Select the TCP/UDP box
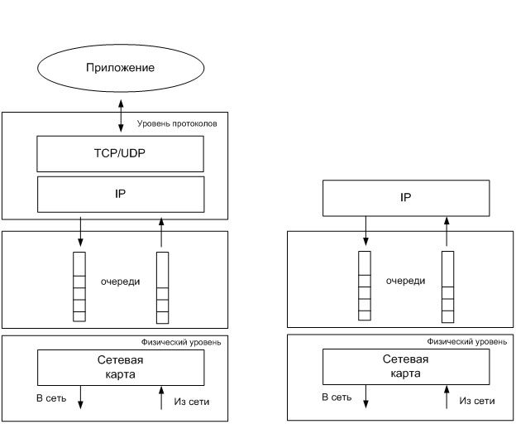pos(120,152)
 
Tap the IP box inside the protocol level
pos(120,193)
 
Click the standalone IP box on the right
pos(405,199)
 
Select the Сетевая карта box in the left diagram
pos(120,366)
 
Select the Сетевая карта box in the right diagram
pos(405,366)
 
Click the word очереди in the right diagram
pos(405,281)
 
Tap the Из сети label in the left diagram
pos(192,402)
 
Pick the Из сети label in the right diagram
pos(477,401)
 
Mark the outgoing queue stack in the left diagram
pos(79,286)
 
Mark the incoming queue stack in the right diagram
pos(447,287)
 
